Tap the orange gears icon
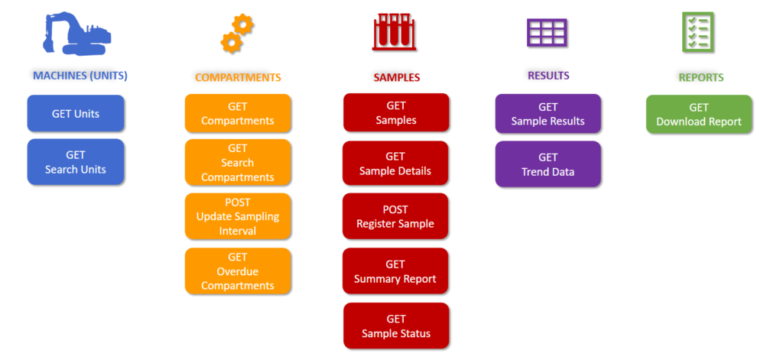236,34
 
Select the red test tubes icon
395,34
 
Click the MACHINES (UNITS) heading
80,76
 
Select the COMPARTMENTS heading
238,77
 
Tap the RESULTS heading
548,76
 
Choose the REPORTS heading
700,77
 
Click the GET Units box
76,114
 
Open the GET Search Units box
76,162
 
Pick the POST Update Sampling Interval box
238,216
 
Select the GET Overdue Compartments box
238,271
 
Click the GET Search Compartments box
238,163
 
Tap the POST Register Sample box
395,216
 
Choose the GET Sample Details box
395,164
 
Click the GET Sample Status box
396,326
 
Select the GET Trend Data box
548,164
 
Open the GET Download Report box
699,115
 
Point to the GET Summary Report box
395,271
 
